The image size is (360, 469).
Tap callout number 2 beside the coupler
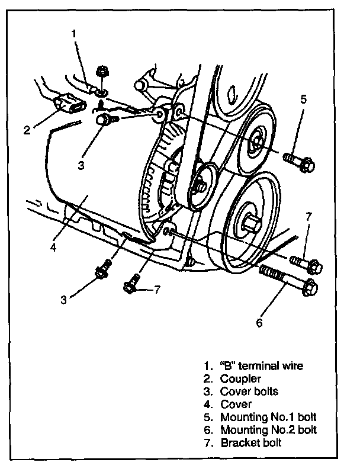(27, 130)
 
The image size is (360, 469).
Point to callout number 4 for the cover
(53, 246)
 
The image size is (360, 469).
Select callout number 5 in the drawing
(303, 99)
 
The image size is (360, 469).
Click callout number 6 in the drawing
(259, 323)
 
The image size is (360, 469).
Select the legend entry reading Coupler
(240, 378)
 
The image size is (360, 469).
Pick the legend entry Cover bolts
(249, 391)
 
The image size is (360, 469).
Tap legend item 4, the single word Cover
(236, 404)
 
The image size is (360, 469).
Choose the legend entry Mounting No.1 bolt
(265, 417)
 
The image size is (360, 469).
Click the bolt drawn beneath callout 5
(298, 161)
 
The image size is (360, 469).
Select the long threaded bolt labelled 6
(288, 282)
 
